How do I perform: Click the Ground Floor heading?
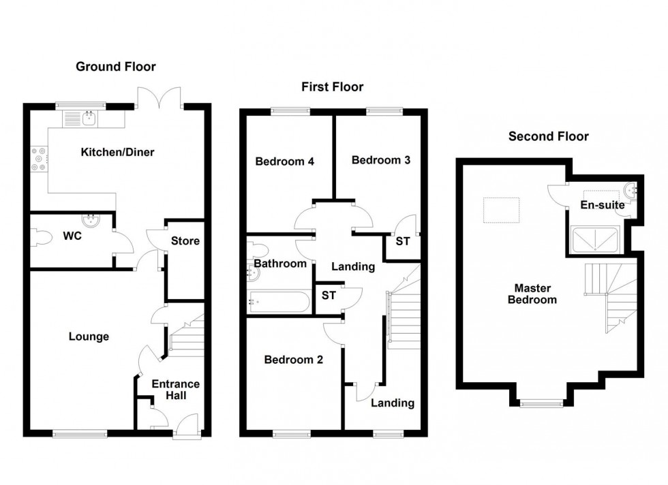115,66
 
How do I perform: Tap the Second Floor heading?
548,136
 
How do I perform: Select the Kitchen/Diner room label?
117,152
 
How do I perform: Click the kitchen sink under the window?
88,119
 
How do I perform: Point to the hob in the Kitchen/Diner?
37,159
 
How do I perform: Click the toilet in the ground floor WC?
42,236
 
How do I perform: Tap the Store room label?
185,240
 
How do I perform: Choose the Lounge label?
89,336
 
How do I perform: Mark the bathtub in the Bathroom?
279,300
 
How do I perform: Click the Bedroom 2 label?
293,360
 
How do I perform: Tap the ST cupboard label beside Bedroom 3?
402,242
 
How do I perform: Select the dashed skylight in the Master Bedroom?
501,209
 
